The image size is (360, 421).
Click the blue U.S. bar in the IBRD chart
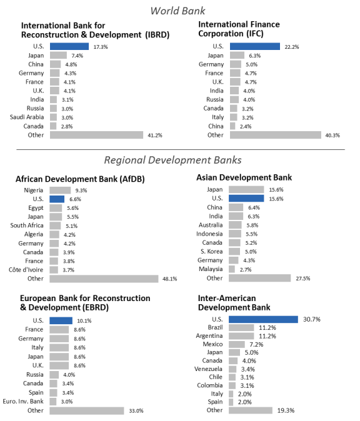(x=69, y=46)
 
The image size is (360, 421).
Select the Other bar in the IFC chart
(x=276, y=135)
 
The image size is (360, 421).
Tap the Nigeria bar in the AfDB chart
(x=60, y=191)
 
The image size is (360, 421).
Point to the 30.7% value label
(x=312, y=319)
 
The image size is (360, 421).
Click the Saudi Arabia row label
(x=27, y=117)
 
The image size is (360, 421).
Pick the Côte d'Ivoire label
(x=26, y=270)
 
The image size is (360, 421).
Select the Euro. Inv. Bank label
(x=23, y=402)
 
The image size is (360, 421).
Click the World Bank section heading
(x=177, y=11)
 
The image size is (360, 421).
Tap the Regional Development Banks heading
(x=172, y=160)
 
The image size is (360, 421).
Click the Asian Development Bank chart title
(x=244, y=177)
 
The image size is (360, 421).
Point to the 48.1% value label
(x=170, y=279)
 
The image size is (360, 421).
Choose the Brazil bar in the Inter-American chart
(x=241, y=327)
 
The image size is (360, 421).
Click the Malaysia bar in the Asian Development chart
(x=232, y=269)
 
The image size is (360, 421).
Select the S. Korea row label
(x=211, y=251)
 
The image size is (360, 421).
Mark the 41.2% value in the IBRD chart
(x=155, y=136)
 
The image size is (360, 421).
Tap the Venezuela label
(x=208, y=369)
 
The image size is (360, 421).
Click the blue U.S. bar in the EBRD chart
(x=61, y=320)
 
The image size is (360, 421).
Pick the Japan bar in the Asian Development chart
(x=246, y=190)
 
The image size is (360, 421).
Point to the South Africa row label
(x=27, y=225)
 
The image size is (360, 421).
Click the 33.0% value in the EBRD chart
(x=136, y=411)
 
